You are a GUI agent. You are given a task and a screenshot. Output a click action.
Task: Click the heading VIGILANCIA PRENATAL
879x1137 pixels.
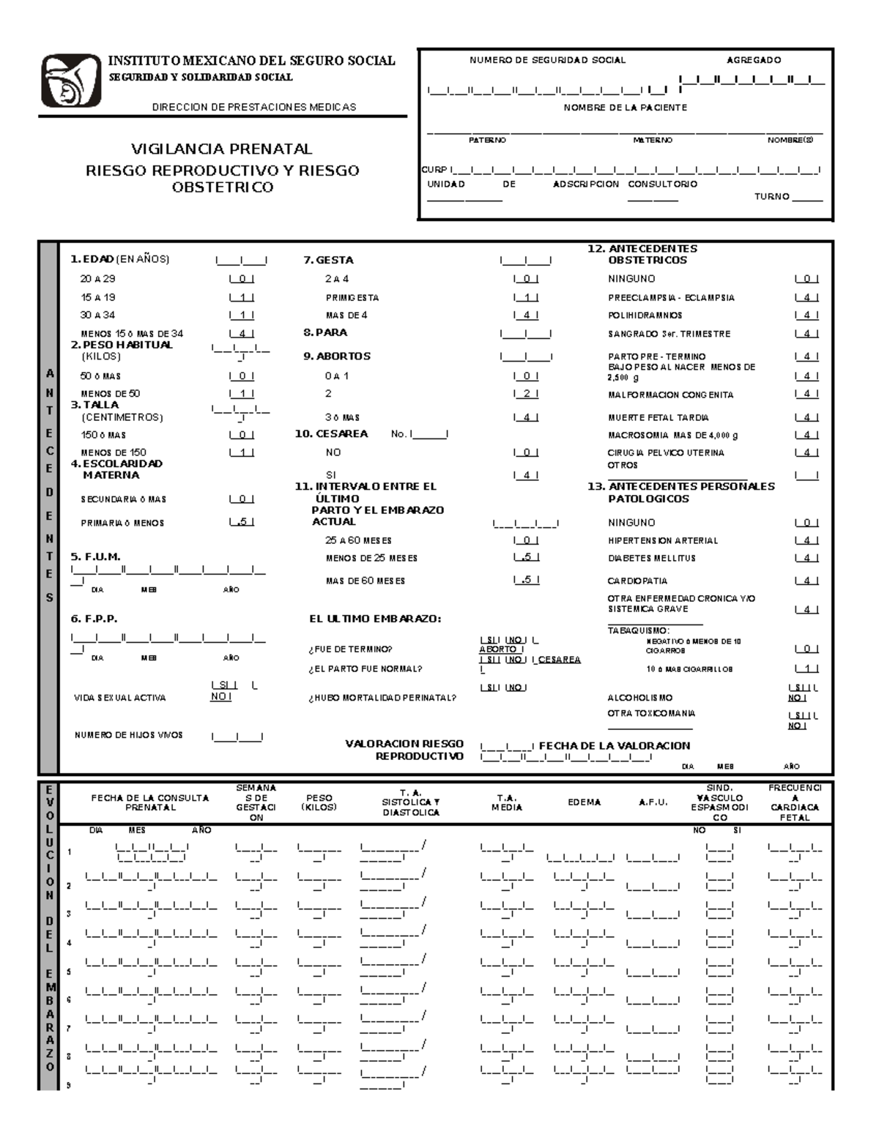point(221,149)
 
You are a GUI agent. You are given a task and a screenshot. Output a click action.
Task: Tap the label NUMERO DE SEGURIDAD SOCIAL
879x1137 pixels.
point(547,60)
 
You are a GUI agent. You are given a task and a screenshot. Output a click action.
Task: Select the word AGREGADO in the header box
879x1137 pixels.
point(753,60)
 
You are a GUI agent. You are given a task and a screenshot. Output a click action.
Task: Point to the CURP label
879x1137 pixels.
point(434,170)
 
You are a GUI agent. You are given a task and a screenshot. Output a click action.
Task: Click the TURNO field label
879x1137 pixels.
point(771,196)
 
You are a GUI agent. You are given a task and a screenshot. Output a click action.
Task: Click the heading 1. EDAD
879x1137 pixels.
point(92,259)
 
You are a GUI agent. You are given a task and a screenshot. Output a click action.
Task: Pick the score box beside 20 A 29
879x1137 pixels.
point(242,279)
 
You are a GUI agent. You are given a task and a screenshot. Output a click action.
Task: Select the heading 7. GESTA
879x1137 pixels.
point(328,260)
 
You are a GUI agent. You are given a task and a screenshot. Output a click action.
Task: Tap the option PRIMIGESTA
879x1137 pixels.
point(352,298)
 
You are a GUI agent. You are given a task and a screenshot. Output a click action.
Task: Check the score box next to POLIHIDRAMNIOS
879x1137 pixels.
point(806,316)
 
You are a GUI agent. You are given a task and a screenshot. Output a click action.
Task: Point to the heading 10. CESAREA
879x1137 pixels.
point(331,433)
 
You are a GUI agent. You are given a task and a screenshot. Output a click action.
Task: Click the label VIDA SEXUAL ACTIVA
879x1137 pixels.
point(120,698)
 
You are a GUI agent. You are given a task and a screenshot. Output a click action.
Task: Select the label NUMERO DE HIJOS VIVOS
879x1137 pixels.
point(129,735)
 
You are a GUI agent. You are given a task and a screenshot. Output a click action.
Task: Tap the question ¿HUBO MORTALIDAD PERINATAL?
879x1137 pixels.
point(382,698)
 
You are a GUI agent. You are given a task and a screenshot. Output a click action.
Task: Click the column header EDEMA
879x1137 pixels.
point(584,802)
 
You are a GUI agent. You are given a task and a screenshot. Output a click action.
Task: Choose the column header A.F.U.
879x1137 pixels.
point(653,802)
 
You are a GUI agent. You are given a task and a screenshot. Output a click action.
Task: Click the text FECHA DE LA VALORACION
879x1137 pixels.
point(615,745)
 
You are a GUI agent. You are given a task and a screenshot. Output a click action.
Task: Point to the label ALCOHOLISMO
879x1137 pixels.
point(639,698)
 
